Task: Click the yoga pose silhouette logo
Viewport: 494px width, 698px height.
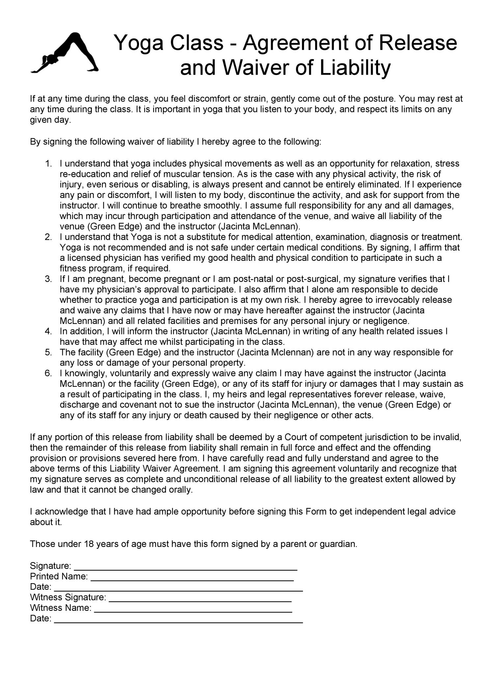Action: click(x=65, y=53)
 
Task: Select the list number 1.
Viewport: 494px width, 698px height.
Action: click(x=48, y=163)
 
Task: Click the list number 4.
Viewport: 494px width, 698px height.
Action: click(x=48, y=331)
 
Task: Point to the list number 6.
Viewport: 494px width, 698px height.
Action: click(x=48, y=373)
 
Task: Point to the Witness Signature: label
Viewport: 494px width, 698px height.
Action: click(x=68, y=598)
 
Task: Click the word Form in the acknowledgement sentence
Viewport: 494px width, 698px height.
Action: click(x=316, y=512)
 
